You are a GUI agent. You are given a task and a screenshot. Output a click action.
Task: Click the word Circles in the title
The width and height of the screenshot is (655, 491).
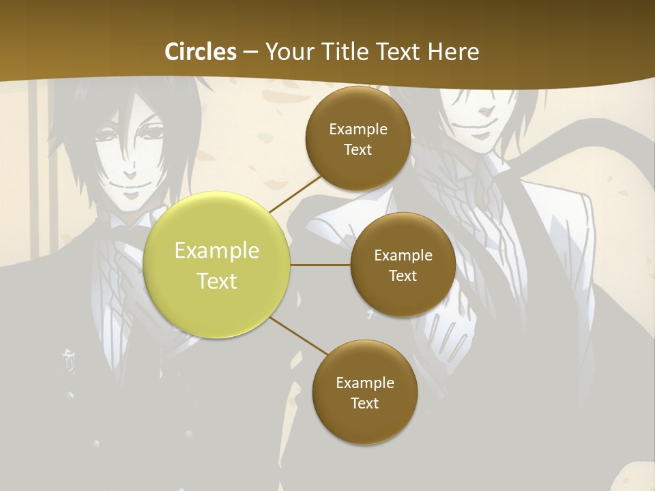201,52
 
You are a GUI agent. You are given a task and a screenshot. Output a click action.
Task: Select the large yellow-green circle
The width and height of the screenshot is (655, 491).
217,265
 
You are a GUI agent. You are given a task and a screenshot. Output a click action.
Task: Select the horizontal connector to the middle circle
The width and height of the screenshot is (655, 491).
320,265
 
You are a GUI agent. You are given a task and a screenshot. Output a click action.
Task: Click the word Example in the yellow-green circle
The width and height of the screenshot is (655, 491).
217,250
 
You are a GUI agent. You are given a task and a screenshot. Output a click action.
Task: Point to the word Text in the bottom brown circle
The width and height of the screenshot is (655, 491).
364,403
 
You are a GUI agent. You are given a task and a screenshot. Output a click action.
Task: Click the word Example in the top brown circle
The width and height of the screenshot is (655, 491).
358,130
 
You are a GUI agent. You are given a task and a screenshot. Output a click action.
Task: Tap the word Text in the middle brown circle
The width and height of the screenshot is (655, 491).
403,276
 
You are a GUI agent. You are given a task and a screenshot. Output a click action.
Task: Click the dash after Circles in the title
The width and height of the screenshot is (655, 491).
250,52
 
